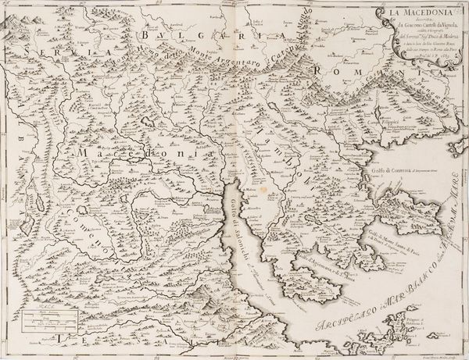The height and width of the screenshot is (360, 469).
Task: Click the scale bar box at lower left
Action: [45, 320]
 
